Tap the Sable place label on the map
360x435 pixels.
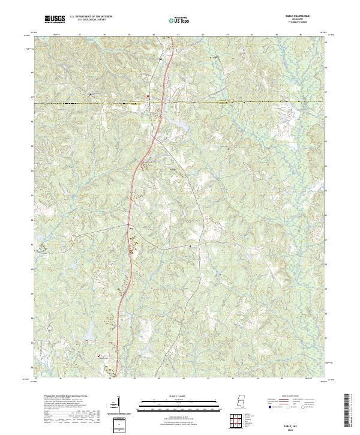point(174,170)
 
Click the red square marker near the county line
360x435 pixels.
point(149,96)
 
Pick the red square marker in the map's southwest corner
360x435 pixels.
point(100,355)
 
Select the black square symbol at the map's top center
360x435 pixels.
point(161,59)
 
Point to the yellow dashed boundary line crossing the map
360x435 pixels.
point(240,102)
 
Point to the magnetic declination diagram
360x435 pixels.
point(118,405)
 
